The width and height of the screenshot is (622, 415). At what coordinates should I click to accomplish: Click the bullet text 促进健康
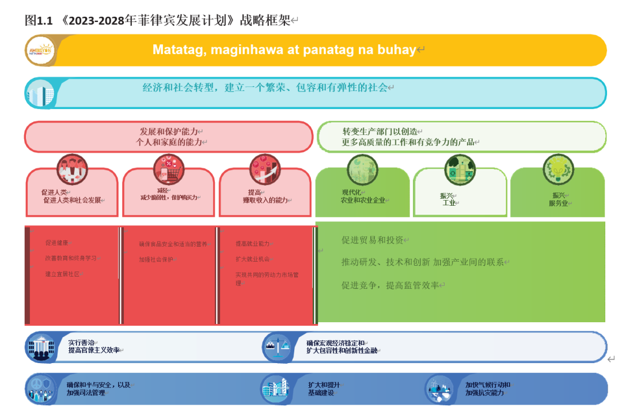pos(60,243)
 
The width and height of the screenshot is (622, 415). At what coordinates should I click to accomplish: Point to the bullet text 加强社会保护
pos(155,260)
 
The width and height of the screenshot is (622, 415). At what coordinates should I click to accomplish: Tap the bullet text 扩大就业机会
pos(252,259)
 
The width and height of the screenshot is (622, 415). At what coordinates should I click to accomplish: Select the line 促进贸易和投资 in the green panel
pos(372,240)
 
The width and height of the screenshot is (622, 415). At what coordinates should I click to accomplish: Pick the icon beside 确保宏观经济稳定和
pos(278,347)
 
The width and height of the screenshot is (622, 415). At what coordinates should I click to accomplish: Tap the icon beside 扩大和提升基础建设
pos(275,388)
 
